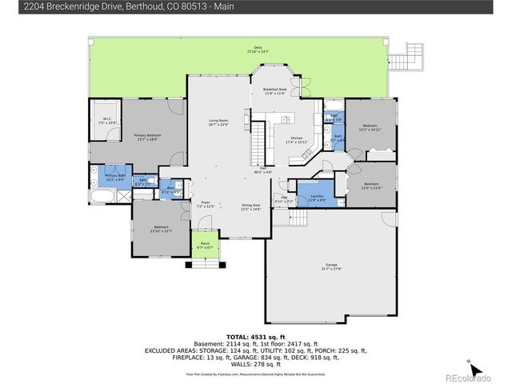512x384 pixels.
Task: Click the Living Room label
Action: tap(218, 122)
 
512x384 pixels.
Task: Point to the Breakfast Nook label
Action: tap(276, 91)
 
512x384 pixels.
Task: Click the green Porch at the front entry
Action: tap(205, 245)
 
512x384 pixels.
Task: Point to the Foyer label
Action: tap(206, 203)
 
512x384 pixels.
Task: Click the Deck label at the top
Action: tap(258, 50)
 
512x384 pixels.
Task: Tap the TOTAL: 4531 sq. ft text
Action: tap(255, 336)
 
